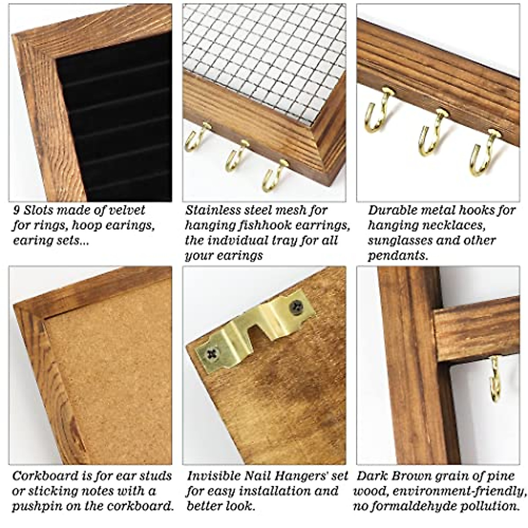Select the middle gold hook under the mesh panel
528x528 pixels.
[x=235, y=156]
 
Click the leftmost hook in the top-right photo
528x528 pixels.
[x=378, y=110]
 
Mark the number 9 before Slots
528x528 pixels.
[x=17, y=211]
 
